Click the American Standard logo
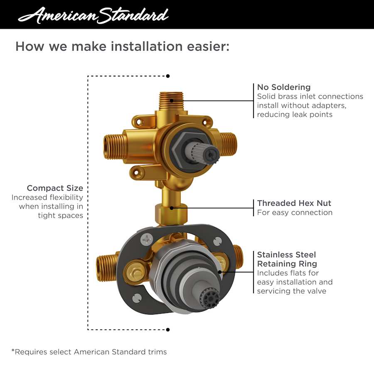(93, 15)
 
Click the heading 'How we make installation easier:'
(122, 46)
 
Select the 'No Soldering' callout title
(284, 87)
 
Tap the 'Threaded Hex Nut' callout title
(294, 203)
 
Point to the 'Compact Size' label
(55, 188)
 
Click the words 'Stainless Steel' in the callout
(286, 254)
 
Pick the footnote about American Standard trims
(89, 352)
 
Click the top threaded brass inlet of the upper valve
(172, 101)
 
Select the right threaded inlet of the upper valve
(228, 144)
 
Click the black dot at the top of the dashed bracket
(168, 76)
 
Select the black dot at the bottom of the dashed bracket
(168, 330)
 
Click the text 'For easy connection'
(295, 212)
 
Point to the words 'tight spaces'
(60, 215)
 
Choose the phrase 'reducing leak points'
(295, 115)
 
